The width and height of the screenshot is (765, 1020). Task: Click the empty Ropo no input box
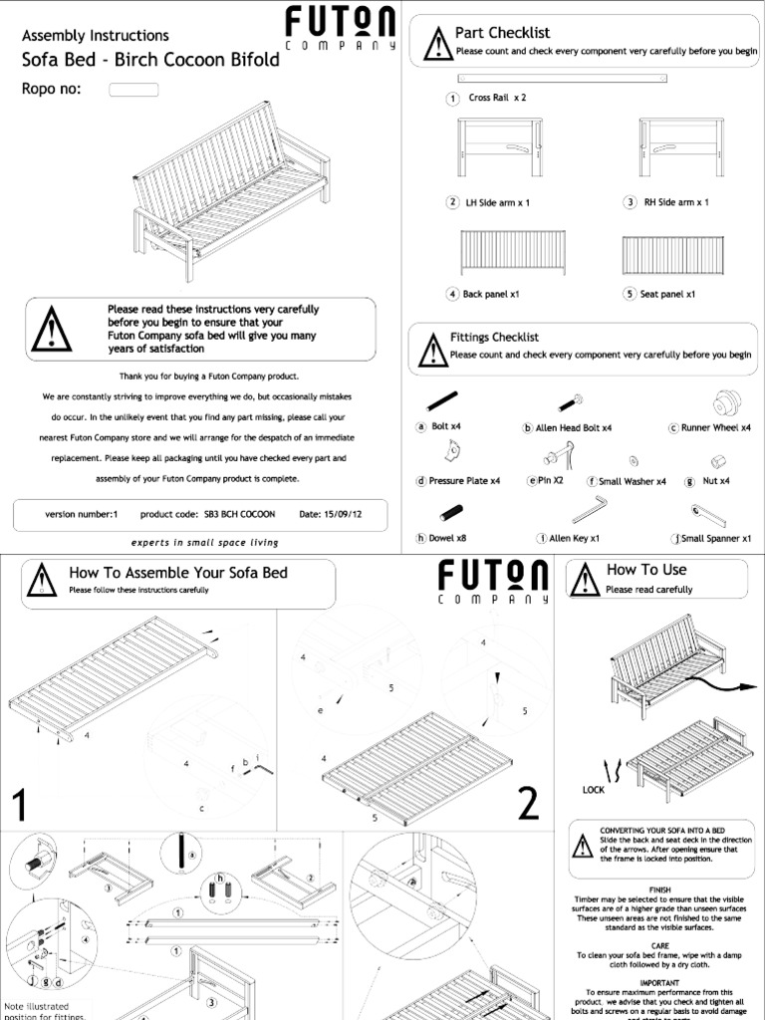click(x=133, y=90)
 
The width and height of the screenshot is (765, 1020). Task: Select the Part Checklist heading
click(x=502, y=33)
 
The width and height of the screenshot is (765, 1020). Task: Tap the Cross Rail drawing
click(x=563, y=78)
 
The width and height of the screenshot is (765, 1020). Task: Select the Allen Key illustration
click(x=595, y=509)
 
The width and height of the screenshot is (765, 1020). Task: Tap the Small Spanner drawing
click(x=710, y=513)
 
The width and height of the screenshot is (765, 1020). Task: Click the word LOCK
click(x=594, y=789)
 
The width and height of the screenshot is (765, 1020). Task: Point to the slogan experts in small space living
click(x=205, y=543)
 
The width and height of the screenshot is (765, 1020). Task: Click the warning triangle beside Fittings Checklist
click(x=430, y=349)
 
